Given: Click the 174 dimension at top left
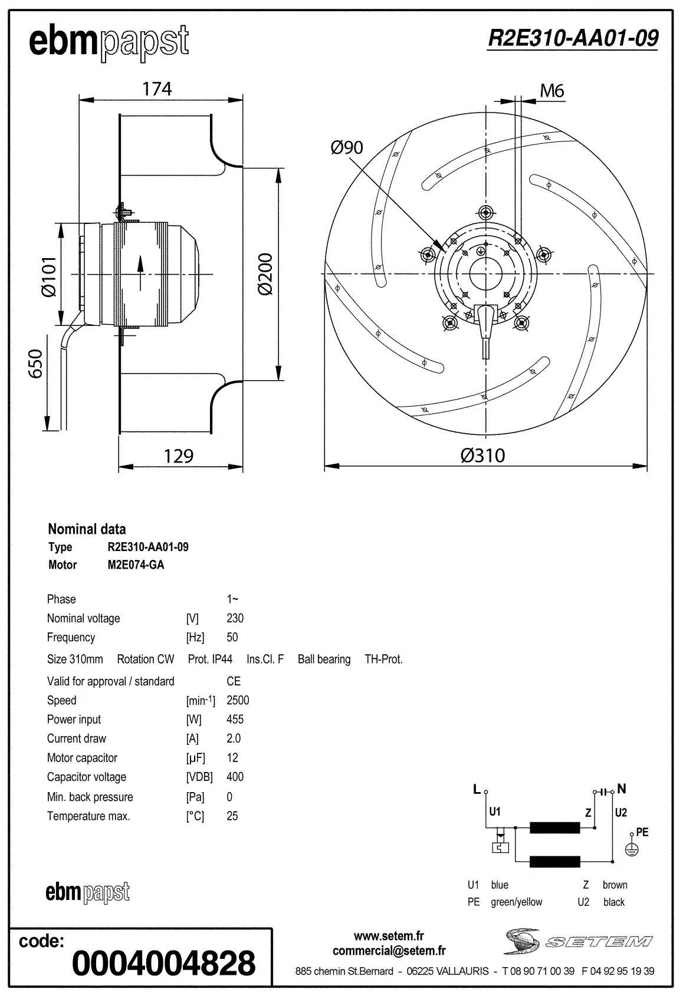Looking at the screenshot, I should click(157, 89).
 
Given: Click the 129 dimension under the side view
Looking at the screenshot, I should click(178, 456).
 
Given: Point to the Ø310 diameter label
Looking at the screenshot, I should click(482, 455).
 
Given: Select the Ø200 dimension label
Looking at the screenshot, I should click(265, 274).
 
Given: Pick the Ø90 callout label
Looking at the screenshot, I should click(347, 147).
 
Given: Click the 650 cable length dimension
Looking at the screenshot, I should click(36, 364).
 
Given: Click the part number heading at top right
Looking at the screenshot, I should click(573, 38).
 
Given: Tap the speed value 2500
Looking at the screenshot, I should click(238, 700).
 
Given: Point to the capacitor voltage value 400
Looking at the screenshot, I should click(235, 777).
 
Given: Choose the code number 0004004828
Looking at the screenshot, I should click(163, 962).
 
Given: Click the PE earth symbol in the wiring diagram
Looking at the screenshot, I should click(631, 849).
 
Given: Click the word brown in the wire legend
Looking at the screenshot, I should click(615, 885).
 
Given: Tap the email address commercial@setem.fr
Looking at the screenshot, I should click(389, 951).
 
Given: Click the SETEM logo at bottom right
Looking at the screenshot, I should click(577, 941).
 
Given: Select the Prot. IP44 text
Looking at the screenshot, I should click(210, 659).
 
